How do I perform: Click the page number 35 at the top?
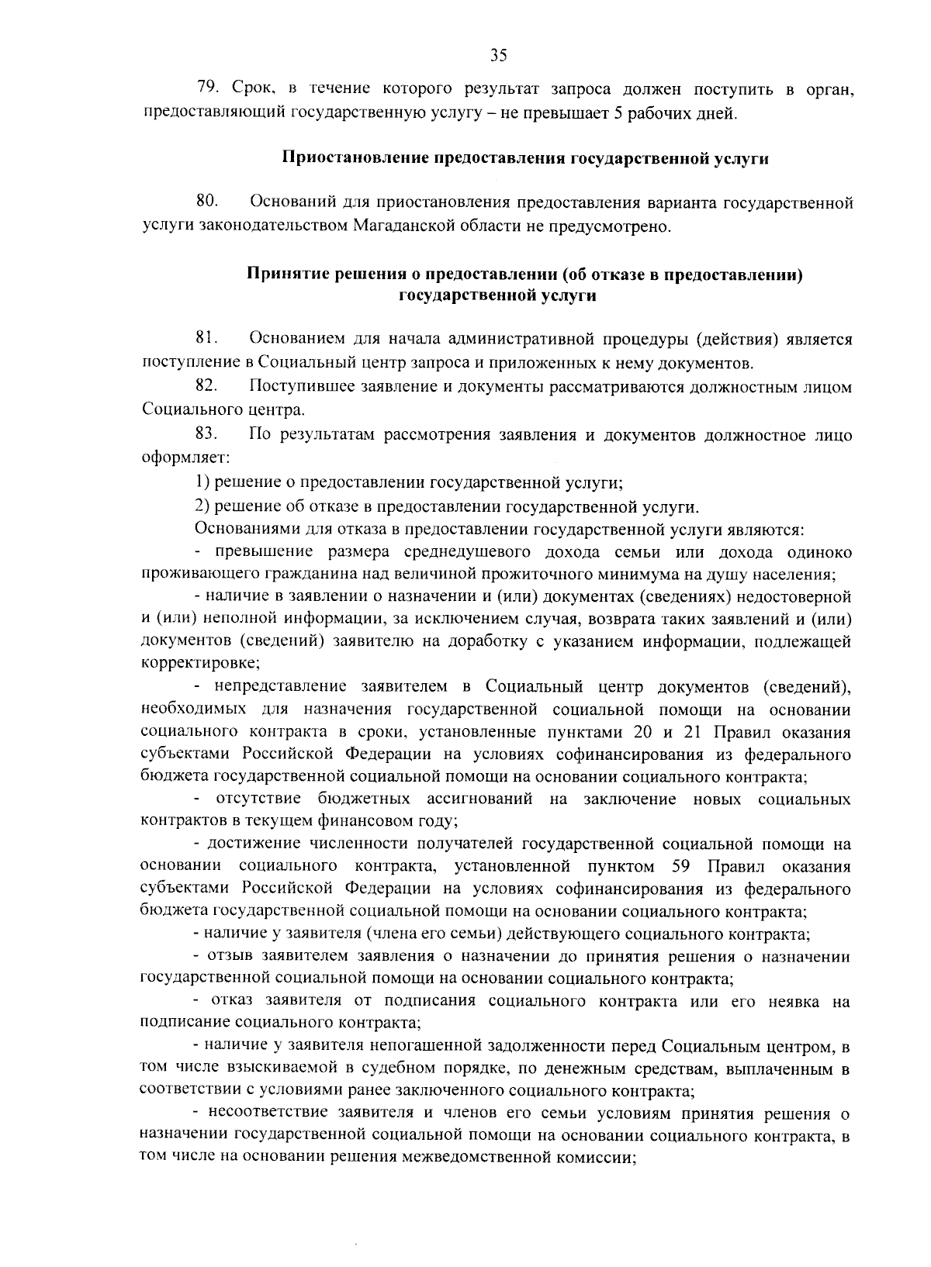click(x=498, y=55)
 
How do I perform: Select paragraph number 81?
click(x=206, y=339)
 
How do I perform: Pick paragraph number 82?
click(x=206, y=385)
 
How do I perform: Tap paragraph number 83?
click(x=206, y=435)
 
